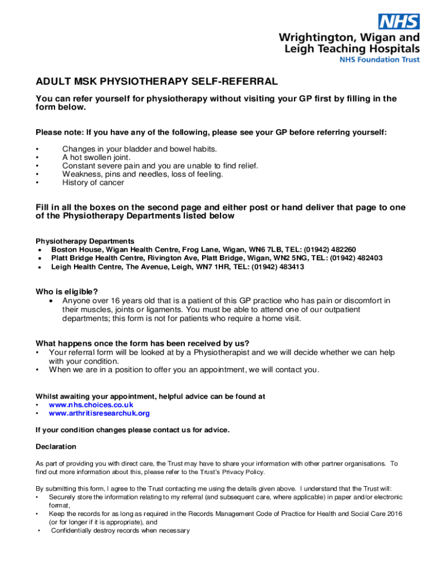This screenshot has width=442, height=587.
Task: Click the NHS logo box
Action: click(x=398, y=22)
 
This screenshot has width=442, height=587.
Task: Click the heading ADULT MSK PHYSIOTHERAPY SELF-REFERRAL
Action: click(x=157, y=82)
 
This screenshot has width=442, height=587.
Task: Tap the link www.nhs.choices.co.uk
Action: click(x=91, y=405)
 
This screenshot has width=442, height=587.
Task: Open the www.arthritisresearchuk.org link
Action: click(x=99, y=413)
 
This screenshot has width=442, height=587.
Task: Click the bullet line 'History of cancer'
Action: click(x=93, y=183)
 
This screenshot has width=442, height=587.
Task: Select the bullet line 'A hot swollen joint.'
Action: click(x=96, y=157)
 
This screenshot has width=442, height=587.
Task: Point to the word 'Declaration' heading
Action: click(x=56, y=447)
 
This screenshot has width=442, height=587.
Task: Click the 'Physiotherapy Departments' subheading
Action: click(x=85, y=241)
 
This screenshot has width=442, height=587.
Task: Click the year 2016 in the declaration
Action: click(x=393, y=514)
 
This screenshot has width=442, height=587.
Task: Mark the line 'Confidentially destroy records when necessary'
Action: click(x=120, y=531)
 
